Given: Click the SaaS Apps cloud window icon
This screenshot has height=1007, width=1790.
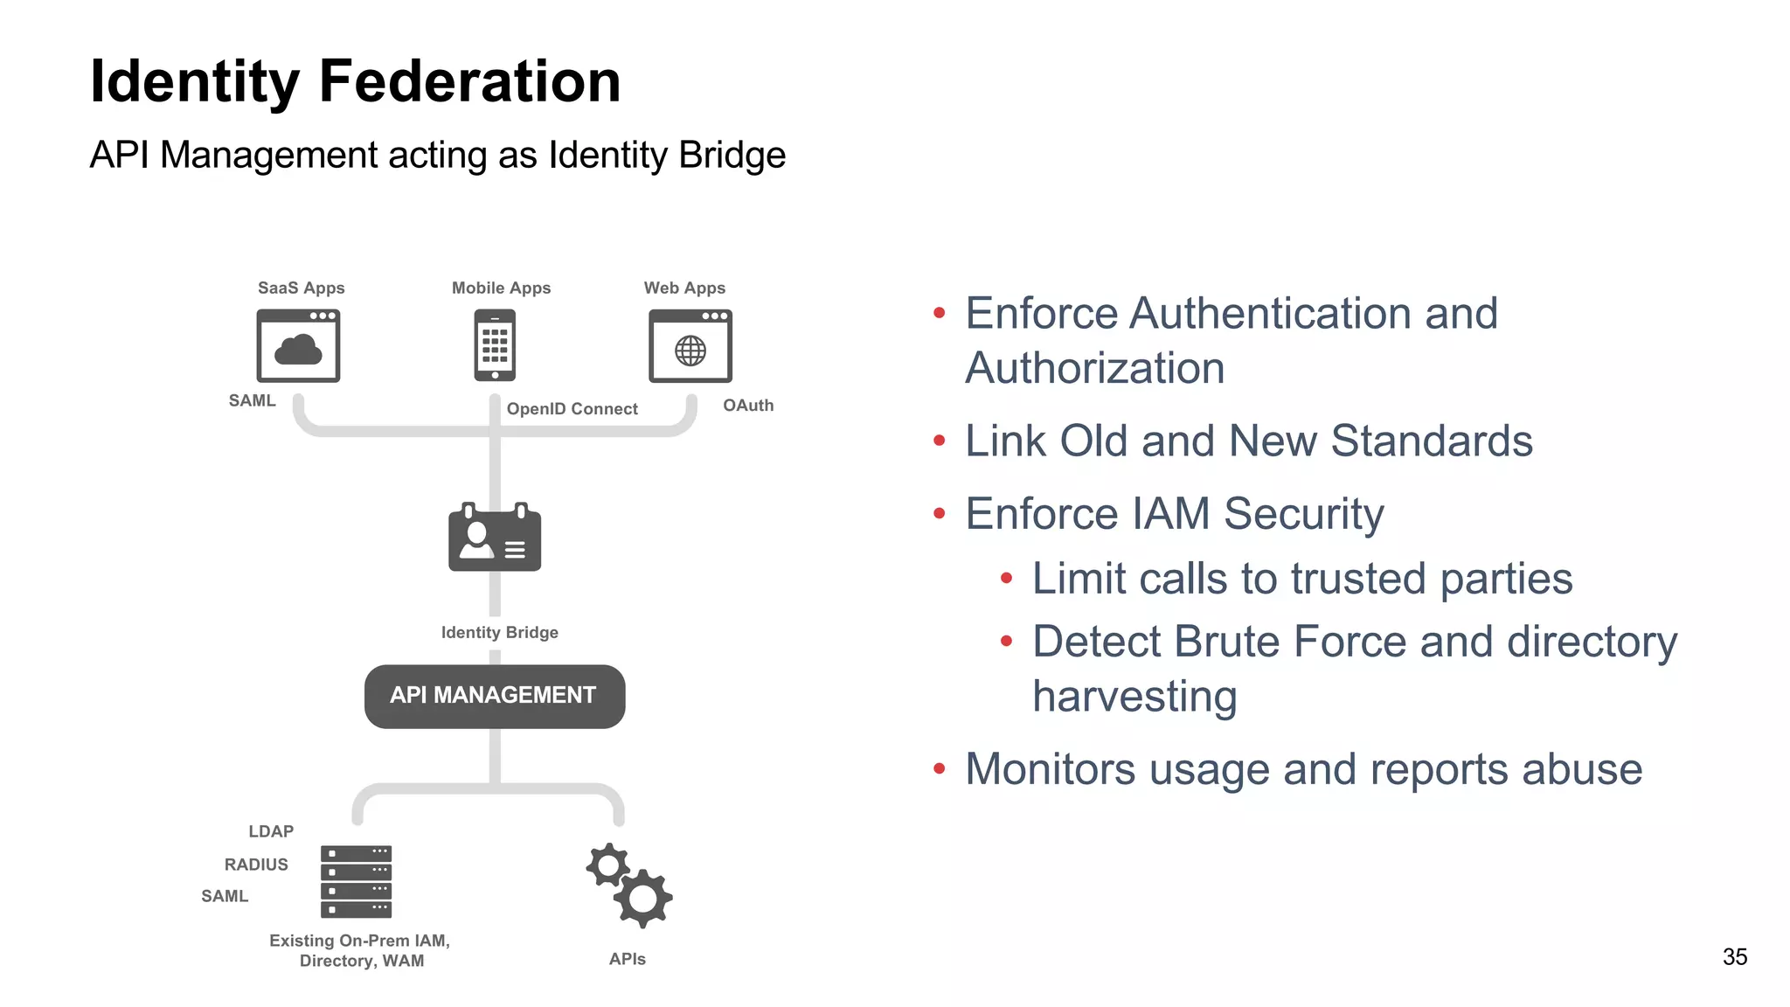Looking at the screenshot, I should (x=298, y=346).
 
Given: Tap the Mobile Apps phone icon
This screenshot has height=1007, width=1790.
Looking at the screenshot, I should (x=495, y=345).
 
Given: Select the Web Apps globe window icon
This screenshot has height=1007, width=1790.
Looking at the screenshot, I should (x=690, y=346).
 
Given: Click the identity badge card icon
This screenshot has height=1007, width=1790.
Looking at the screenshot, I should (x=495, y=538).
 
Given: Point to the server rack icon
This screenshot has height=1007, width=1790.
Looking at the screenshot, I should (x=356, y=881).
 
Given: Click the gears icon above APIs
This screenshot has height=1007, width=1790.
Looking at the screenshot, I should (x=629, y=885).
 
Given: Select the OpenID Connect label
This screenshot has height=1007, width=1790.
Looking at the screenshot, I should (x=572, y=409).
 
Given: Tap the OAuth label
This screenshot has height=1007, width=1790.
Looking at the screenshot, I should (x=748, y=406).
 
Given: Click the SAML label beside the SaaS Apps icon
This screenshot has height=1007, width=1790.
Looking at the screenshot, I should (x=252, y=401).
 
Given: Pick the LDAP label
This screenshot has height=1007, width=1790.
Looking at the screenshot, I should (x=271, y=831).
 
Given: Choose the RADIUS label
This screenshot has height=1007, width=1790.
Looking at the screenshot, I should (x=256, y=865).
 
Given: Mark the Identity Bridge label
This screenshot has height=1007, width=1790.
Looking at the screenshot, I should (x=500, y=633).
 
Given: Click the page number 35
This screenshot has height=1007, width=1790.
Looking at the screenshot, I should (x=1735, y=957).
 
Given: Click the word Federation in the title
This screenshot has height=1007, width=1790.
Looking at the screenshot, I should (x=469, y=81).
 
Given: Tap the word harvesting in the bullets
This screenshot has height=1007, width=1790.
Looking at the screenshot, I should (x=1134, y=697).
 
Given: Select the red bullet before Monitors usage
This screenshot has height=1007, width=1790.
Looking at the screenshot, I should (x=940, y=769).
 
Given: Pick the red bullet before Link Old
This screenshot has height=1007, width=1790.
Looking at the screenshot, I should (x=940, y=441).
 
